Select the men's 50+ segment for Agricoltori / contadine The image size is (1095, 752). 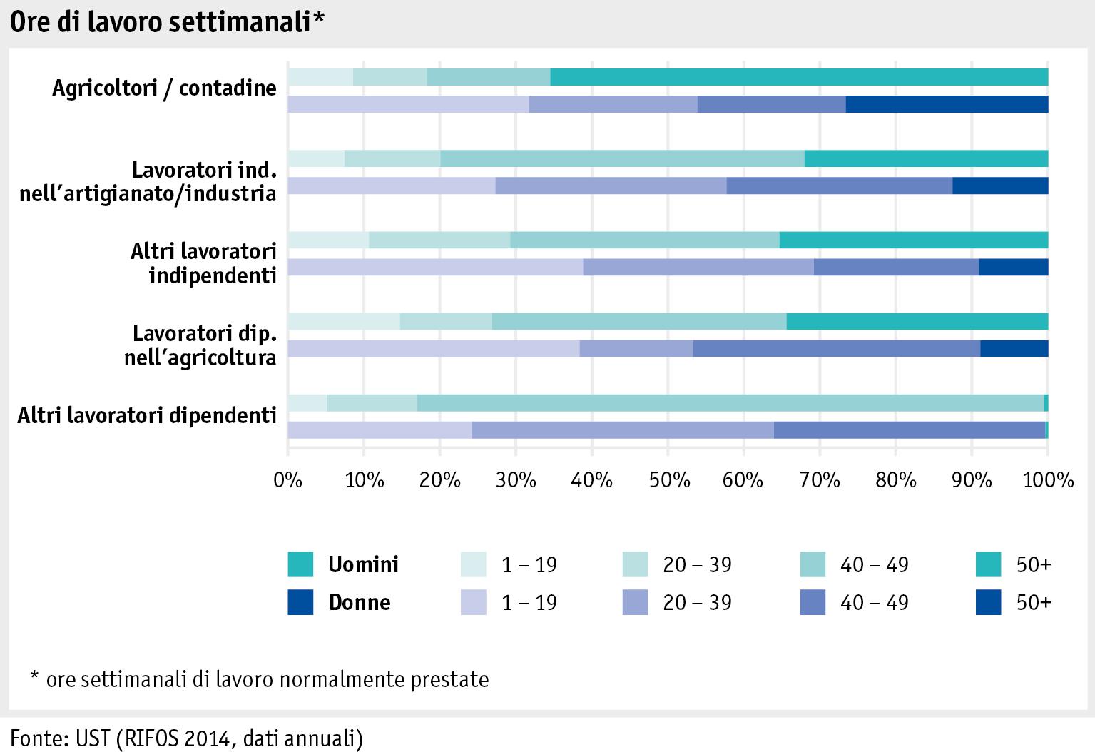click(x=799, y=77)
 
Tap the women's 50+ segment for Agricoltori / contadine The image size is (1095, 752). click(x=947, y=104)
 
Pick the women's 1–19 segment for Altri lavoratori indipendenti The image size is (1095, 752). click(x=435, y=268)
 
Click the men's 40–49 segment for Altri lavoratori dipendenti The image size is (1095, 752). click(x=730, y=403)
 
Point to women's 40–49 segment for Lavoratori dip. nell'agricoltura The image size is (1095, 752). click(x=836, y=349)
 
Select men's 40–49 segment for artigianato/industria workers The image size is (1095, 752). click(x=622, y=158)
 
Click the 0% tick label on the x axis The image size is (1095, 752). click(x=288, y=480)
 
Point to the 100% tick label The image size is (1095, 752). click(x=1048, y=480)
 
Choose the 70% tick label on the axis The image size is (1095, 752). click(x=820, y=480)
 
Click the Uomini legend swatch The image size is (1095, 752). click(x=300, y=565)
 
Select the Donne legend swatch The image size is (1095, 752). click(x=300, y=603)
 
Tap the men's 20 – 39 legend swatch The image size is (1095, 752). click(x=635, y=565)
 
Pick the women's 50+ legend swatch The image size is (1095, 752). click(x=989, y=603)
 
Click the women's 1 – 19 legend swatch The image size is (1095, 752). click(x=474, y=603)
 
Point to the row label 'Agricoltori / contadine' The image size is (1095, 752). click(x=164, y=88)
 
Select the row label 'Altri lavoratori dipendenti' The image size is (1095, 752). click(x=147, y=415)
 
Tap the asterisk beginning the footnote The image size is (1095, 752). click(x=34, y=675)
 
